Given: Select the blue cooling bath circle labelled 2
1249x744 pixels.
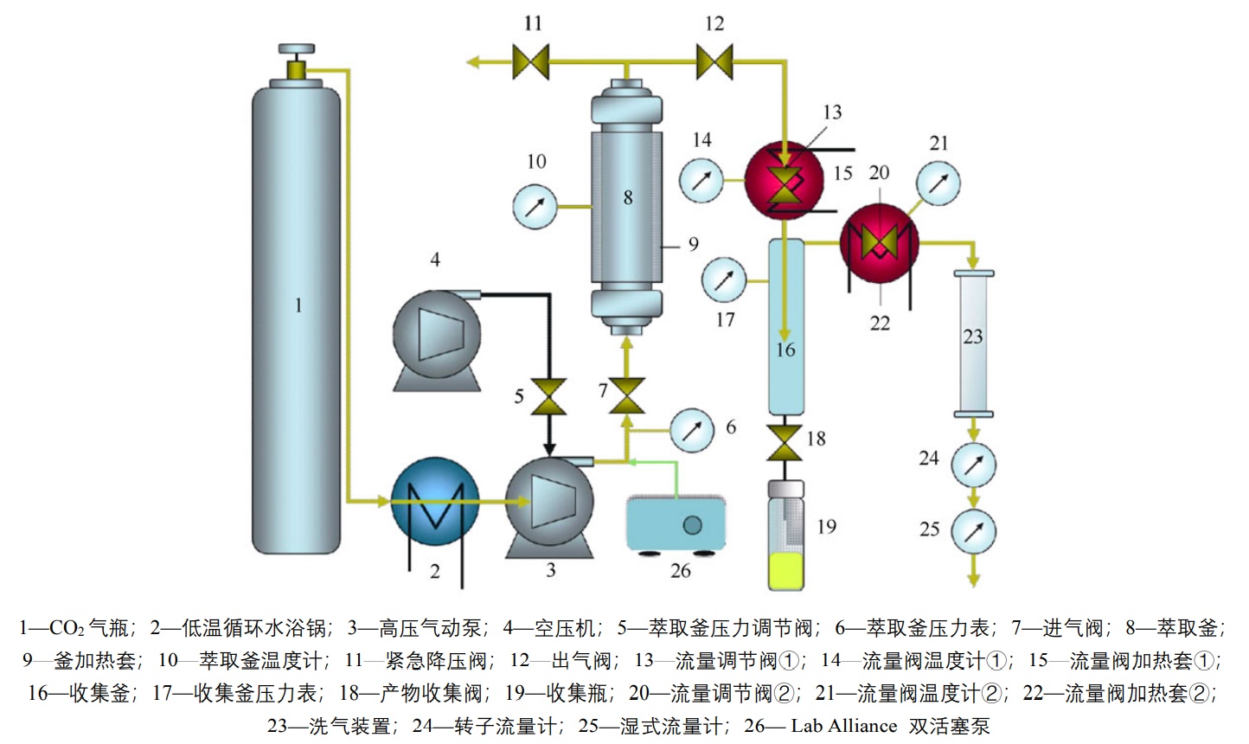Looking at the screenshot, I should coord(434,501).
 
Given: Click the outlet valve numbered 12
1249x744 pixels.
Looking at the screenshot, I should coord(714,61).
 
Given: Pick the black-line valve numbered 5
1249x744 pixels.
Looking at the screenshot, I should coord(548,397).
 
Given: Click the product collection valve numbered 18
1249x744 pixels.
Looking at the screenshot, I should coord(785,440).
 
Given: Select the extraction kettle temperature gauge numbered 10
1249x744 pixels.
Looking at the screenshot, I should coord(536,207).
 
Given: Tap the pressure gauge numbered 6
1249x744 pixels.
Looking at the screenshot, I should coord(692,428).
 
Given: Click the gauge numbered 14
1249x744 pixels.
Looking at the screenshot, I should coord(701,181).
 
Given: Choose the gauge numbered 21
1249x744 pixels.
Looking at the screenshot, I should coord(938,182).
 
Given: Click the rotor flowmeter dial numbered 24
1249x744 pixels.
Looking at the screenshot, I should coord(973,464).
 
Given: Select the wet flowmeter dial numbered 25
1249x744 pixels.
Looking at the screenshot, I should coord(973,530).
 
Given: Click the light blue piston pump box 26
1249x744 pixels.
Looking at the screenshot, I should coord(676,523).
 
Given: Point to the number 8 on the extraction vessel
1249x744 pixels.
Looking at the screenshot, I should coord(628,197).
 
